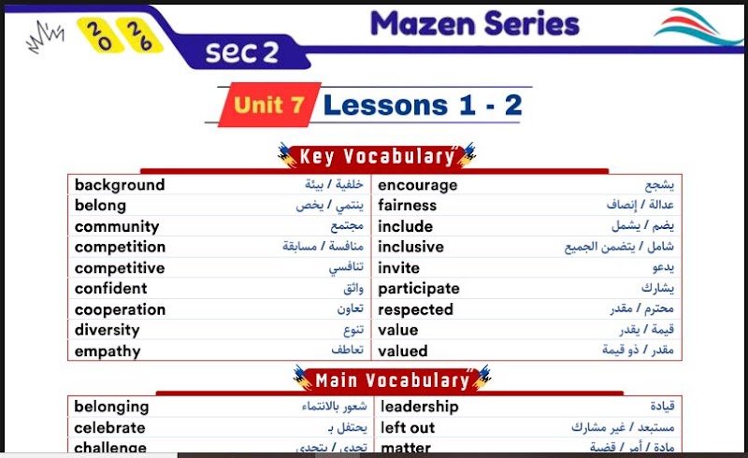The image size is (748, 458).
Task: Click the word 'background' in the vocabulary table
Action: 120,185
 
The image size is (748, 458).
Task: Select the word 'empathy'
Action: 108,351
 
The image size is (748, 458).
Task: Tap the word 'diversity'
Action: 108,330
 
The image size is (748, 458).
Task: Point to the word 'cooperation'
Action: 121,310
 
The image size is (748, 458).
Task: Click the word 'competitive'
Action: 120,268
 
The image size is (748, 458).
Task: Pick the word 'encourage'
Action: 418,186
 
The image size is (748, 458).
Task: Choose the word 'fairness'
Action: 408,205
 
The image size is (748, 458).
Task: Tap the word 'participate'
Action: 419,289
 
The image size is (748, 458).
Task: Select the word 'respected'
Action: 415,310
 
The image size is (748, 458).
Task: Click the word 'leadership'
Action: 420,407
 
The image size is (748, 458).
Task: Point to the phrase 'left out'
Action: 408,428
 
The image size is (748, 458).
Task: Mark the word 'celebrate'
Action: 109,428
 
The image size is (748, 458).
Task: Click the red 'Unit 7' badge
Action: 269,105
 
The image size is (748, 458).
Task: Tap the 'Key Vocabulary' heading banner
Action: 377,156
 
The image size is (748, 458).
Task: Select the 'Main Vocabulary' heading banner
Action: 392,380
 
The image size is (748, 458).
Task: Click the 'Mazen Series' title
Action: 475,24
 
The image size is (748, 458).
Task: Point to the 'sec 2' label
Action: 242,52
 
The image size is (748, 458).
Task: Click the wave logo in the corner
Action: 698,26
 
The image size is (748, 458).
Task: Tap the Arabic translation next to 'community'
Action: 347,226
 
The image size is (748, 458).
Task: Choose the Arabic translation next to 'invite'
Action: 664,267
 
